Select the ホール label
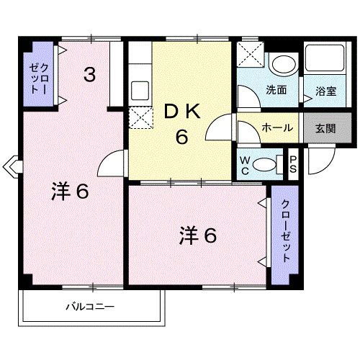(277, 127)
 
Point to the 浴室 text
(325, 91)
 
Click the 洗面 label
(277, 91)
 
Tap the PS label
(294, 163)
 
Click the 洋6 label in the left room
(70, 192)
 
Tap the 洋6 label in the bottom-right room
(198, 235)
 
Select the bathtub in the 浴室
(325, 59)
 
